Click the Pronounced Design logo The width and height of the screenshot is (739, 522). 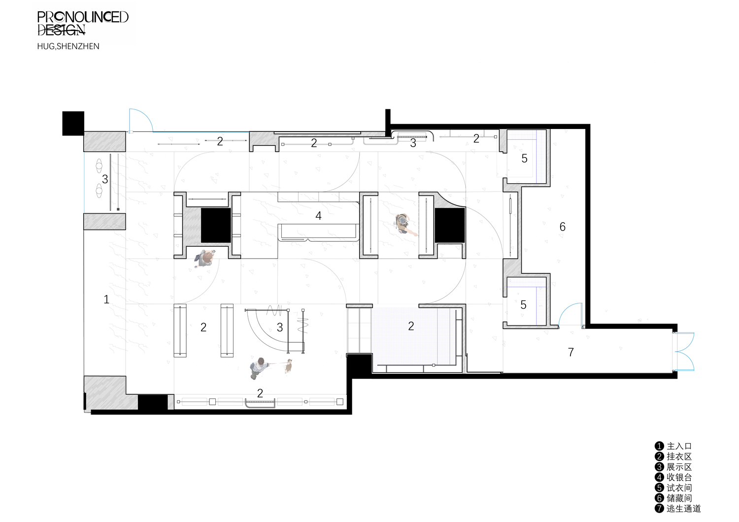click(x=82, y=23)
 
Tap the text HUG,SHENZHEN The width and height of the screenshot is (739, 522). click(x=68, y=46)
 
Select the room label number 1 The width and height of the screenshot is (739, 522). click(x=106, y=299)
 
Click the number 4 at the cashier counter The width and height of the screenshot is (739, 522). click(x=318, y=216)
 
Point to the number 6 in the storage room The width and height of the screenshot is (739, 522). click(x=563, y=227)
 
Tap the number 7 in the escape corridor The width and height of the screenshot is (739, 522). click(x=571, y=352)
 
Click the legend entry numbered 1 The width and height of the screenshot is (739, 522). click(x=673, y=446)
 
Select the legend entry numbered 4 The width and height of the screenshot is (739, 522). click(x=673, y=477)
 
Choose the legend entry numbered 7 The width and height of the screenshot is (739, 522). click(x=678, y=509)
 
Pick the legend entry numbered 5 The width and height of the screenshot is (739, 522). click(x=673, y=488)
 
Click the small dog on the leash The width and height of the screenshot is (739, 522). click(x=289, y=366)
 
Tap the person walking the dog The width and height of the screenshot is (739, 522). click(x=259, y=368)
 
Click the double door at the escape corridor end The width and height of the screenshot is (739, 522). click(x=684, y=352)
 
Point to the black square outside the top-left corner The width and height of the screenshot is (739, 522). click(x=73, y=123)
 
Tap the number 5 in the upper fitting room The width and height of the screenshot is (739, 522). click(x=524, y=159)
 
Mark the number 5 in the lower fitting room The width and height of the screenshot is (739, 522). click(x=523, y=305)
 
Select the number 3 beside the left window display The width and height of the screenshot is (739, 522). click(x=105, y=179)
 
